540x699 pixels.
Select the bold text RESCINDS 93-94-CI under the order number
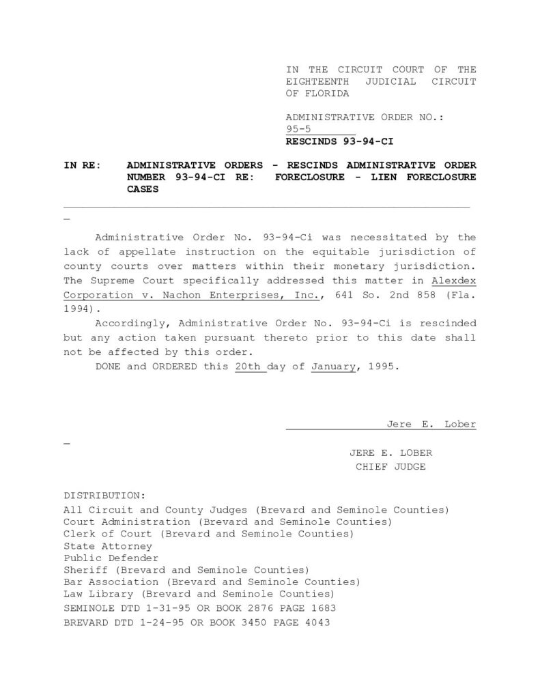tap(339, 142)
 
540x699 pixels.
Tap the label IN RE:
tap(82, 165)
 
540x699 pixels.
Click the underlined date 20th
tap(246, 367)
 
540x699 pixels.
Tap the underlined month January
tap(333, 367)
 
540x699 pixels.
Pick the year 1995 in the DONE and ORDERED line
tap(382, 367)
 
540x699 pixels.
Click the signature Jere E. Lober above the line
tap(431, 424)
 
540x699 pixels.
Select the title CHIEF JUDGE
tap(390, 467)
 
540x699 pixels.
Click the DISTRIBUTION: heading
tap(104, 494)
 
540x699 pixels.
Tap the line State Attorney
tap(108, 546)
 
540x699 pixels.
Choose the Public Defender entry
tap(111, 558)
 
